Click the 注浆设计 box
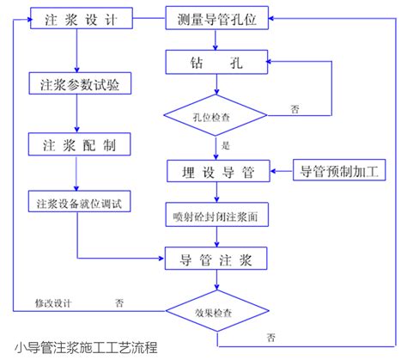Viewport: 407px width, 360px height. pyautogui.click(x=82, y=18)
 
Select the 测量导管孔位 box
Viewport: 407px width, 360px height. pyautogui.click(x=217, y=18)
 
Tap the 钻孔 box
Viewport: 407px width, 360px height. pyautogui.click(x=216, y=62)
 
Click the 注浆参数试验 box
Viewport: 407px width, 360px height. pyautogui.click(x=80, y=83)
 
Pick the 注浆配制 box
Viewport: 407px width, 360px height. pyautogui.click(x=79, y=144)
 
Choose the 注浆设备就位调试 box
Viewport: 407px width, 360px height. pyautogui.click(x=79, y=201)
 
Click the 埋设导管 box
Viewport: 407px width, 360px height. pyautogui.click(x=218, y=171)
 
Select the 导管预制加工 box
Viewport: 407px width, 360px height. pyautogui.click(x=339, y=170)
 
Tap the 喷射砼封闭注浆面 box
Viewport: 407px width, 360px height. pyautogui.click(x=217, y=215)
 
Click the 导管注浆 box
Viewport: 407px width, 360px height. pyautogui.click(x=216, y=259)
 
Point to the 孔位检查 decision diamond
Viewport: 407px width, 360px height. pyautogui.click(x=216, y=115)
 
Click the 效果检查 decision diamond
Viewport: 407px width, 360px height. pyautogui.click(x=217, y=311)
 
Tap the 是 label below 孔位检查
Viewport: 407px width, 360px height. pyautogui.click(x=226, y=145)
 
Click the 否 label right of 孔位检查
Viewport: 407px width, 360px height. pyautogui.click(x=295, y=109)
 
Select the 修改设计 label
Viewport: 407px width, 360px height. pyautogui.click(x=53, y=303)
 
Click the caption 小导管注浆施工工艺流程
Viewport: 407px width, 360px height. pyautogui.click(x=86, y=348)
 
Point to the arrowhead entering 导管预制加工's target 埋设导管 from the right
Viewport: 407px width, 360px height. pyautogui.click(x=272, y=171)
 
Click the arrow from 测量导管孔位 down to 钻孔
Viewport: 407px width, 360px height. pyautogui.click(x=216, y=40)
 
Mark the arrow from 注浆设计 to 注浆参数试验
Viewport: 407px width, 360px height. pyautogui.click(x=76, y=51)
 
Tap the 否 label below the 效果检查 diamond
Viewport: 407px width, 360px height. pyautogui.click(x=271, y=338)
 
